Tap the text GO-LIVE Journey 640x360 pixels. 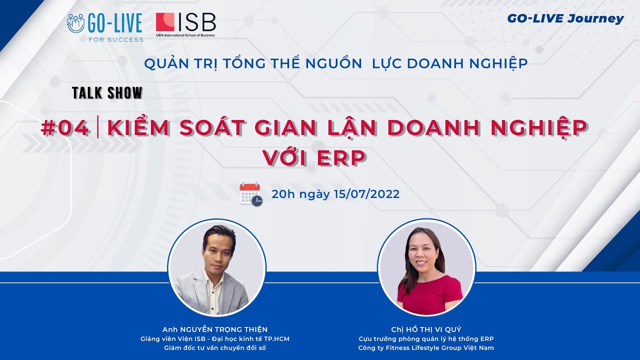coord(565,19)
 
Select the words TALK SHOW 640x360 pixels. coord(107,93)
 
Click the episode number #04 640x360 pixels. coord(65,128)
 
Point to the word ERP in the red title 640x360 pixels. coord(341,157)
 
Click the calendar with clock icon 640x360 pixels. coord(251,194)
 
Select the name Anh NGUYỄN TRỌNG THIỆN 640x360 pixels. coord(215,329)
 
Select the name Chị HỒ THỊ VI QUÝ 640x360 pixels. coord(426,329)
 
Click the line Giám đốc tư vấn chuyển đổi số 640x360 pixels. coord(215,348)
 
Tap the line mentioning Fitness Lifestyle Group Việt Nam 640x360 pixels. coord(426,348)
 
